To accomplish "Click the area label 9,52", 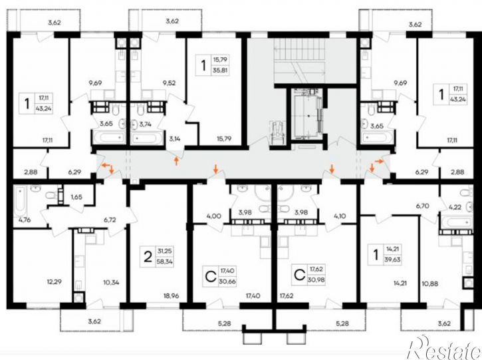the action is [169, 83].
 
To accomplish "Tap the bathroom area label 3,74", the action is [146, 124].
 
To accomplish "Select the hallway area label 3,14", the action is [175, 138].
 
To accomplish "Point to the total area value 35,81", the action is [221, 70].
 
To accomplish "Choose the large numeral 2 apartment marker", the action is [148, 256].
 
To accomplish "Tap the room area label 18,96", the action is [172, 296].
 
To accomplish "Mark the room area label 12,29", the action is [55, 281].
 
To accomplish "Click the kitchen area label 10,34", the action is [111, 282].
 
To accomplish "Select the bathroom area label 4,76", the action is [21, 220].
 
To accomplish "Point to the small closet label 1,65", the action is [76, 197].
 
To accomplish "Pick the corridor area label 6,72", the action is [110, 220].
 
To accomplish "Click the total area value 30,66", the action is [227, 281].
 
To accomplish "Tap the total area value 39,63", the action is [392, 259].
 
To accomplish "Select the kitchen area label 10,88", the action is [430, 283].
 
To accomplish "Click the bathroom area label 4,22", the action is [455, 207].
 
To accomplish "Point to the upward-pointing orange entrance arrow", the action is [176, 160].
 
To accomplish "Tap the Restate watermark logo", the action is [443, 347].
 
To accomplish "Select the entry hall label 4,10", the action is [339, 216].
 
